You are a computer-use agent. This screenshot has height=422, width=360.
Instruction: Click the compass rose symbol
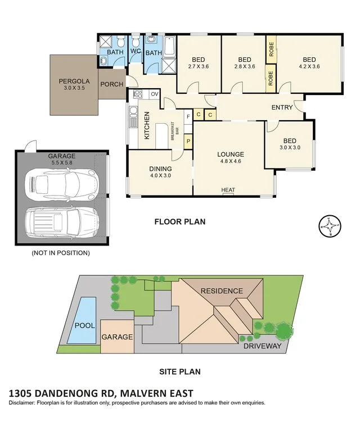pyautogui.click(x=330, y=226)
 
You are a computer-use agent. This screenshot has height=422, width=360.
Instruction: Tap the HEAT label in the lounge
pyautogui.click(x=228, y=190)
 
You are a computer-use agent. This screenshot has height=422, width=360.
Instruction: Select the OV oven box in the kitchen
pyautogui.click(x=154, y=94)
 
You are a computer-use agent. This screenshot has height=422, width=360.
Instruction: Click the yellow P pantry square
pyautogui.click(x=188, y=142)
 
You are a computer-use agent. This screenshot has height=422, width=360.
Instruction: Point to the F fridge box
pyautogui.click(x=188, y=116)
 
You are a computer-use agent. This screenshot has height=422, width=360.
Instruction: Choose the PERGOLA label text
pyautogui.click(x=74, y=81)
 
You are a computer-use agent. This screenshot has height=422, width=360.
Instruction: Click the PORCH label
pyautogui.click(x=112, y=84)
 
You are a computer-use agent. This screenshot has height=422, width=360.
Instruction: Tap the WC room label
pyautogui.click(x=136, y=51)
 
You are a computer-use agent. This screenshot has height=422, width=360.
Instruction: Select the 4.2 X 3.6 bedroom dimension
pyautogui.click(x=309, y=66)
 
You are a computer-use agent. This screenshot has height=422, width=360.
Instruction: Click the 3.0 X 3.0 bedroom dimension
pyautogui.click(x=290, y=147)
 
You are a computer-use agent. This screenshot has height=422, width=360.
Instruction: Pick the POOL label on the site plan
pyautogui.click(x=84, y=326)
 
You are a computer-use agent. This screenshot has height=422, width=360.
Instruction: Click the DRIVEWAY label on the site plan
pyautogui.click(x=262, y=346)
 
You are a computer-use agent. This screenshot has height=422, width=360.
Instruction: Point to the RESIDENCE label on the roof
pyautogui.click(x=222, y=291)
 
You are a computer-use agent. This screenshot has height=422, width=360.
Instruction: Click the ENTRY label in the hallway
pyautogui.click(x=282, y=108)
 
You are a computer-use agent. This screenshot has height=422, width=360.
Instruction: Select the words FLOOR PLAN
pyautogui.click(x=180, y=222)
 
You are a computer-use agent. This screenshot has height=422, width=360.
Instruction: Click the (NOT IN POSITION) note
pyautogui.click(x=61, y=253)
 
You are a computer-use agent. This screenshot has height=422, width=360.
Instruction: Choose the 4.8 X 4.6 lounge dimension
pyautogui.click(x=231, y=161)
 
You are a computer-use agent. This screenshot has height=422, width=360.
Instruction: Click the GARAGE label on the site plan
pyautogui.click(x=117, y=337)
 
